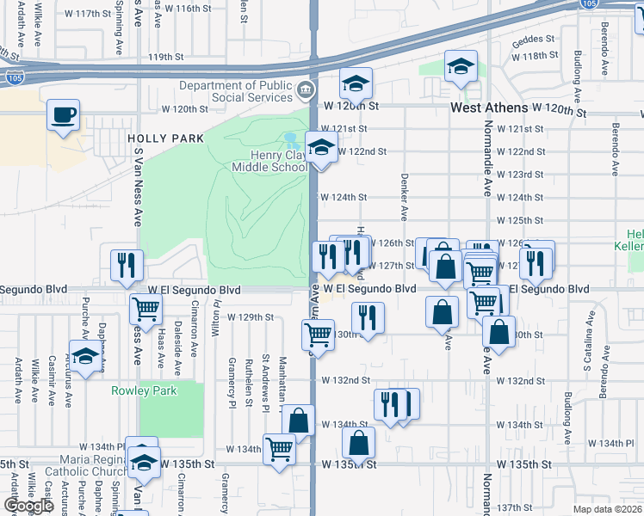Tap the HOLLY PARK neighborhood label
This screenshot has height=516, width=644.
pyautogui.click(x=165, y=138)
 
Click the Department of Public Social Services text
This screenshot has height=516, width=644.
pyautogui.click(x=233, y=90)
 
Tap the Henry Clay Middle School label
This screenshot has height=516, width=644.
pyautogui.click(x=269, y=161)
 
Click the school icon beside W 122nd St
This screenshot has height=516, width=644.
pyautogui.click(x=321, y=147)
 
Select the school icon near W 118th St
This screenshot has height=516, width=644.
pyautogui.click(x=461, y=66)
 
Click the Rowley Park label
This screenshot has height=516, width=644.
pyautogui.click(x=143, y=390)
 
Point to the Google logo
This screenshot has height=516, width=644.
pyautogui.click(x=28, y=506)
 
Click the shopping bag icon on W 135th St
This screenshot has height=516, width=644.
pyautogui.click(x=359, y=443)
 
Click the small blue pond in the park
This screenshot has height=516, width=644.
pyautogui.click(x=291, y=138)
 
